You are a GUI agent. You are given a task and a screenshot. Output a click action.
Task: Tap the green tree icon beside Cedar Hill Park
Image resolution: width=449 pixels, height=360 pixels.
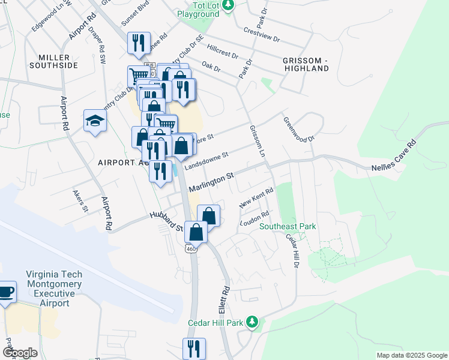253,323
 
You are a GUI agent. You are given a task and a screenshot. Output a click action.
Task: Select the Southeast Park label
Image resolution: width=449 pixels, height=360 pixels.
287,226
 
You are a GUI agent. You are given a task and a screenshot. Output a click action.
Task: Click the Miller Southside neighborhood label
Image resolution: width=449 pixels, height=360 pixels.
58,61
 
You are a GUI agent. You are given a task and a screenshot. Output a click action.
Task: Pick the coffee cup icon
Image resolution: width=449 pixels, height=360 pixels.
6,292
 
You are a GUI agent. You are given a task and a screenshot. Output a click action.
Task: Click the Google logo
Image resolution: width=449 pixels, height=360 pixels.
20,353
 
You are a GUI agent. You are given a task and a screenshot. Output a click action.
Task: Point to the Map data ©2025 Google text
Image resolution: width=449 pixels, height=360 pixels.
411,355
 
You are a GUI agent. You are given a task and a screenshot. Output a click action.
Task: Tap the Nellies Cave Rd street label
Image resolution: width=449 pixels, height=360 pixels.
394,157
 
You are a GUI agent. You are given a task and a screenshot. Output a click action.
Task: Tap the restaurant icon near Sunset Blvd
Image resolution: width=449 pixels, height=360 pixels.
138,42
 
